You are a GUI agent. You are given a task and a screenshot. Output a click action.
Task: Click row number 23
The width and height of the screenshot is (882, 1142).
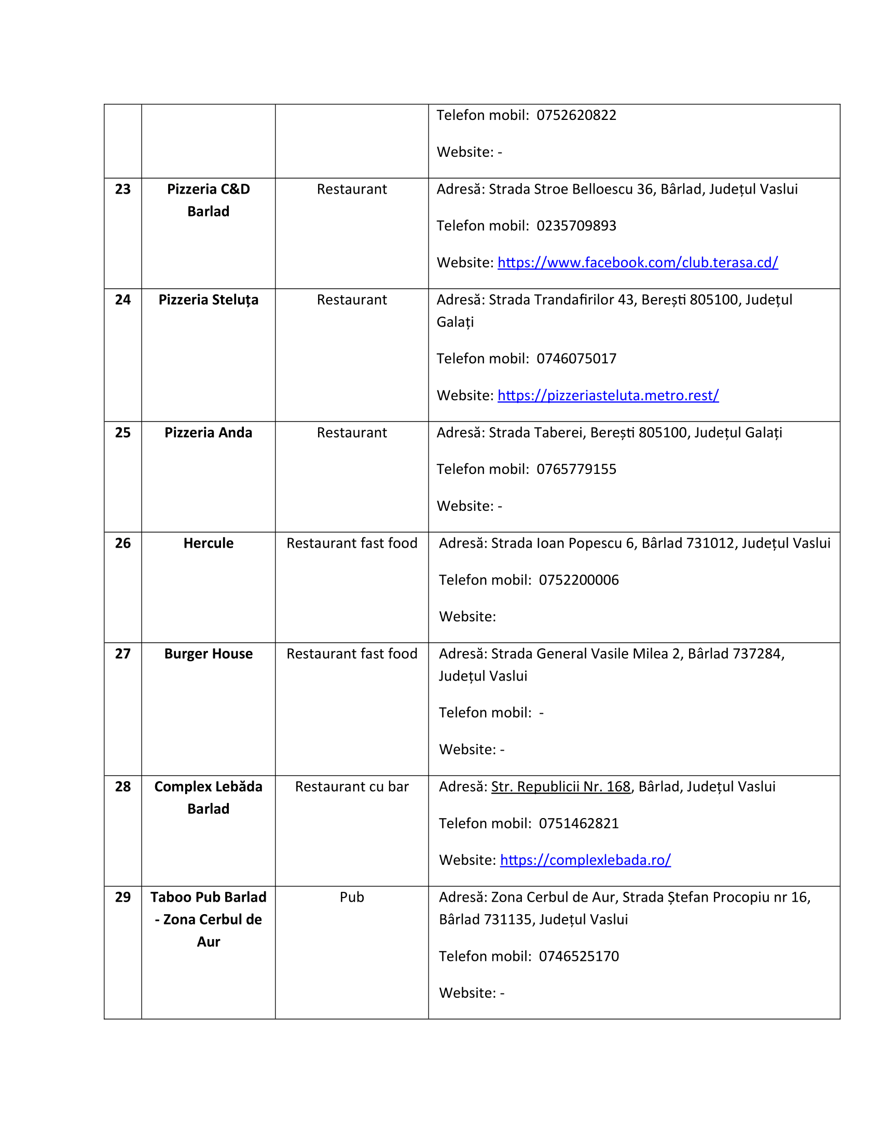point(123,189)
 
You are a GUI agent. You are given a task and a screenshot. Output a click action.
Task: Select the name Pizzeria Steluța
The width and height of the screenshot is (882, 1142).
point(208,300)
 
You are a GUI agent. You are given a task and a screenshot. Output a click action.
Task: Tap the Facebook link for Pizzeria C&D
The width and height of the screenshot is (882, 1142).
point(637,263)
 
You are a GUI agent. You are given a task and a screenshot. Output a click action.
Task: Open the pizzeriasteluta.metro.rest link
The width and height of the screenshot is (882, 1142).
point(608,396)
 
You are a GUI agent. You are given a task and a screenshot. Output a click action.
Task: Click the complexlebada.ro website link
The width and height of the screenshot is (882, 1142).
point(585,860)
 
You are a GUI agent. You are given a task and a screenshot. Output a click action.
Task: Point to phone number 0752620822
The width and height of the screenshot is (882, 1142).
point(576,116)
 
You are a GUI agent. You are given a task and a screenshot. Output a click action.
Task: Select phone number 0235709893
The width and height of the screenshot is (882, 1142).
point(576,226)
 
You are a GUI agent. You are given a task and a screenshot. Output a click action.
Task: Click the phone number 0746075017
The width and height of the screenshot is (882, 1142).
point(576,359)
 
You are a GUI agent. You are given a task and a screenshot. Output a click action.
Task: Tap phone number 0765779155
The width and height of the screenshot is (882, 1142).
point(576,470)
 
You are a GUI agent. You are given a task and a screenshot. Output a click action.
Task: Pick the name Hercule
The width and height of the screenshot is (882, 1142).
point(208,543)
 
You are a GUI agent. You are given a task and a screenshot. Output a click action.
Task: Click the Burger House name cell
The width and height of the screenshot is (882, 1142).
point(208,654)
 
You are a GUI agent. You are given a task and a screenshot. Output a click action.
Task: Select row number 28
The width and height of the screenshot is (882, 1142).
point(123,787)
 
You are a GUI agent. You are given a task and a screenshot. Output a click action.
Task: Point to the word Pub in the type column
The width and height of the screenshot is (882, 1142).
point(352,898)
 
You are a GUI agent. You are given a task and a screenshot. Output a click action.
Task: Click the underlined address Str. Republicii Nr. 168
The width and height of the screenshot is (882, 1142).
point(560,787)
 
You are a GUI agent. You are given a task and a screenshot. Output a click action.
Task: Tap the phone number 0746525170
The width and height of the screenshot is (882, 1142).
point(578,956)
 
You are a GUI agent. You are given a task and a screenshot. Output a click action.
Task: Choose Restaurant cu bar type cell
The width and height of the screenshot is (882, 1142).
point(352,787)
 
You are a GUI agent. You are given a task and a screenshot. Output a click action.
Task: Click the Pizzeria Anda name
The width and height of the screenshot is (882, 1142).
point(208,433)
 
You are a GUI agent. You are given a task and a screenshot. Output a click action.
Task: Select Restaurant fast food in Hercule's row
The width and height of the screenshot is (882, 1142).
point(352,543)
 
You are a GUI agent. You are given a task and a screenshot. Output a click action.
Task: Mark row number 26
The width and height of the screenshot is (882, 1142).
point(123,543)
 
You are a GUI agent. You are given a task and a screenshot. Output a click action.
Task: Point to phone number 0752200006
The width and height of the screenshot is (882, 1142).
point(578,580)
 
